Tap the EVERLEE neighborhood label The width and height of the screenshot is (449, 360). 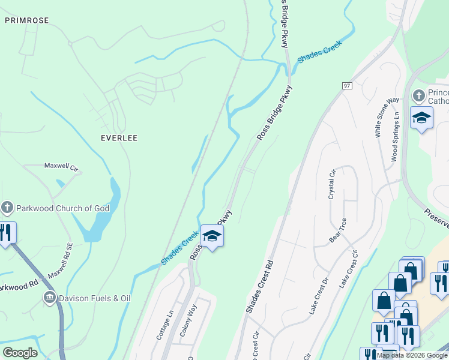(x=119, y=138)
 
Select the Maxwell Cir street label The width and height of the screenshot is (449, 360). (x=62, y=166)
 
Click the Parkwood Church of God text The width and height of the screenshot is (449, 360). (x=64, y=209)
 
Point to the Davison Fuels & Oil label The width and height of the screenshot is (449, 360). (x=95, y=298)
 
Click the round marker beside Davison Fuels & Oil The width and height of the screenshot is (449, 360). (x=50, y=298)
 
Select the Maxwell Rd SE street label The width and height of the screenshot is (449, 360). (x=61, y=262)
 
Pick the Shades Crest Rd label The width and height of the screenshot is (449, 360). (x=259, y=286)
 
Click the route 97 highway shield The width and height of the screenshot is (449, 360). (x=347, y=86)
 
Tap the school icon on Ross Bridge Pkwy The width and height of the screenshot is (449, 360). (x=212, y=235)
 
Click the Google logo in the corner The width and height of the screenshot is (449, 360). (x=20, y=353)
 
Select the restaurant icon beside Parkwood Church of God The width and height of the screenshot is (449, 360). (x=6, y=233)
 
